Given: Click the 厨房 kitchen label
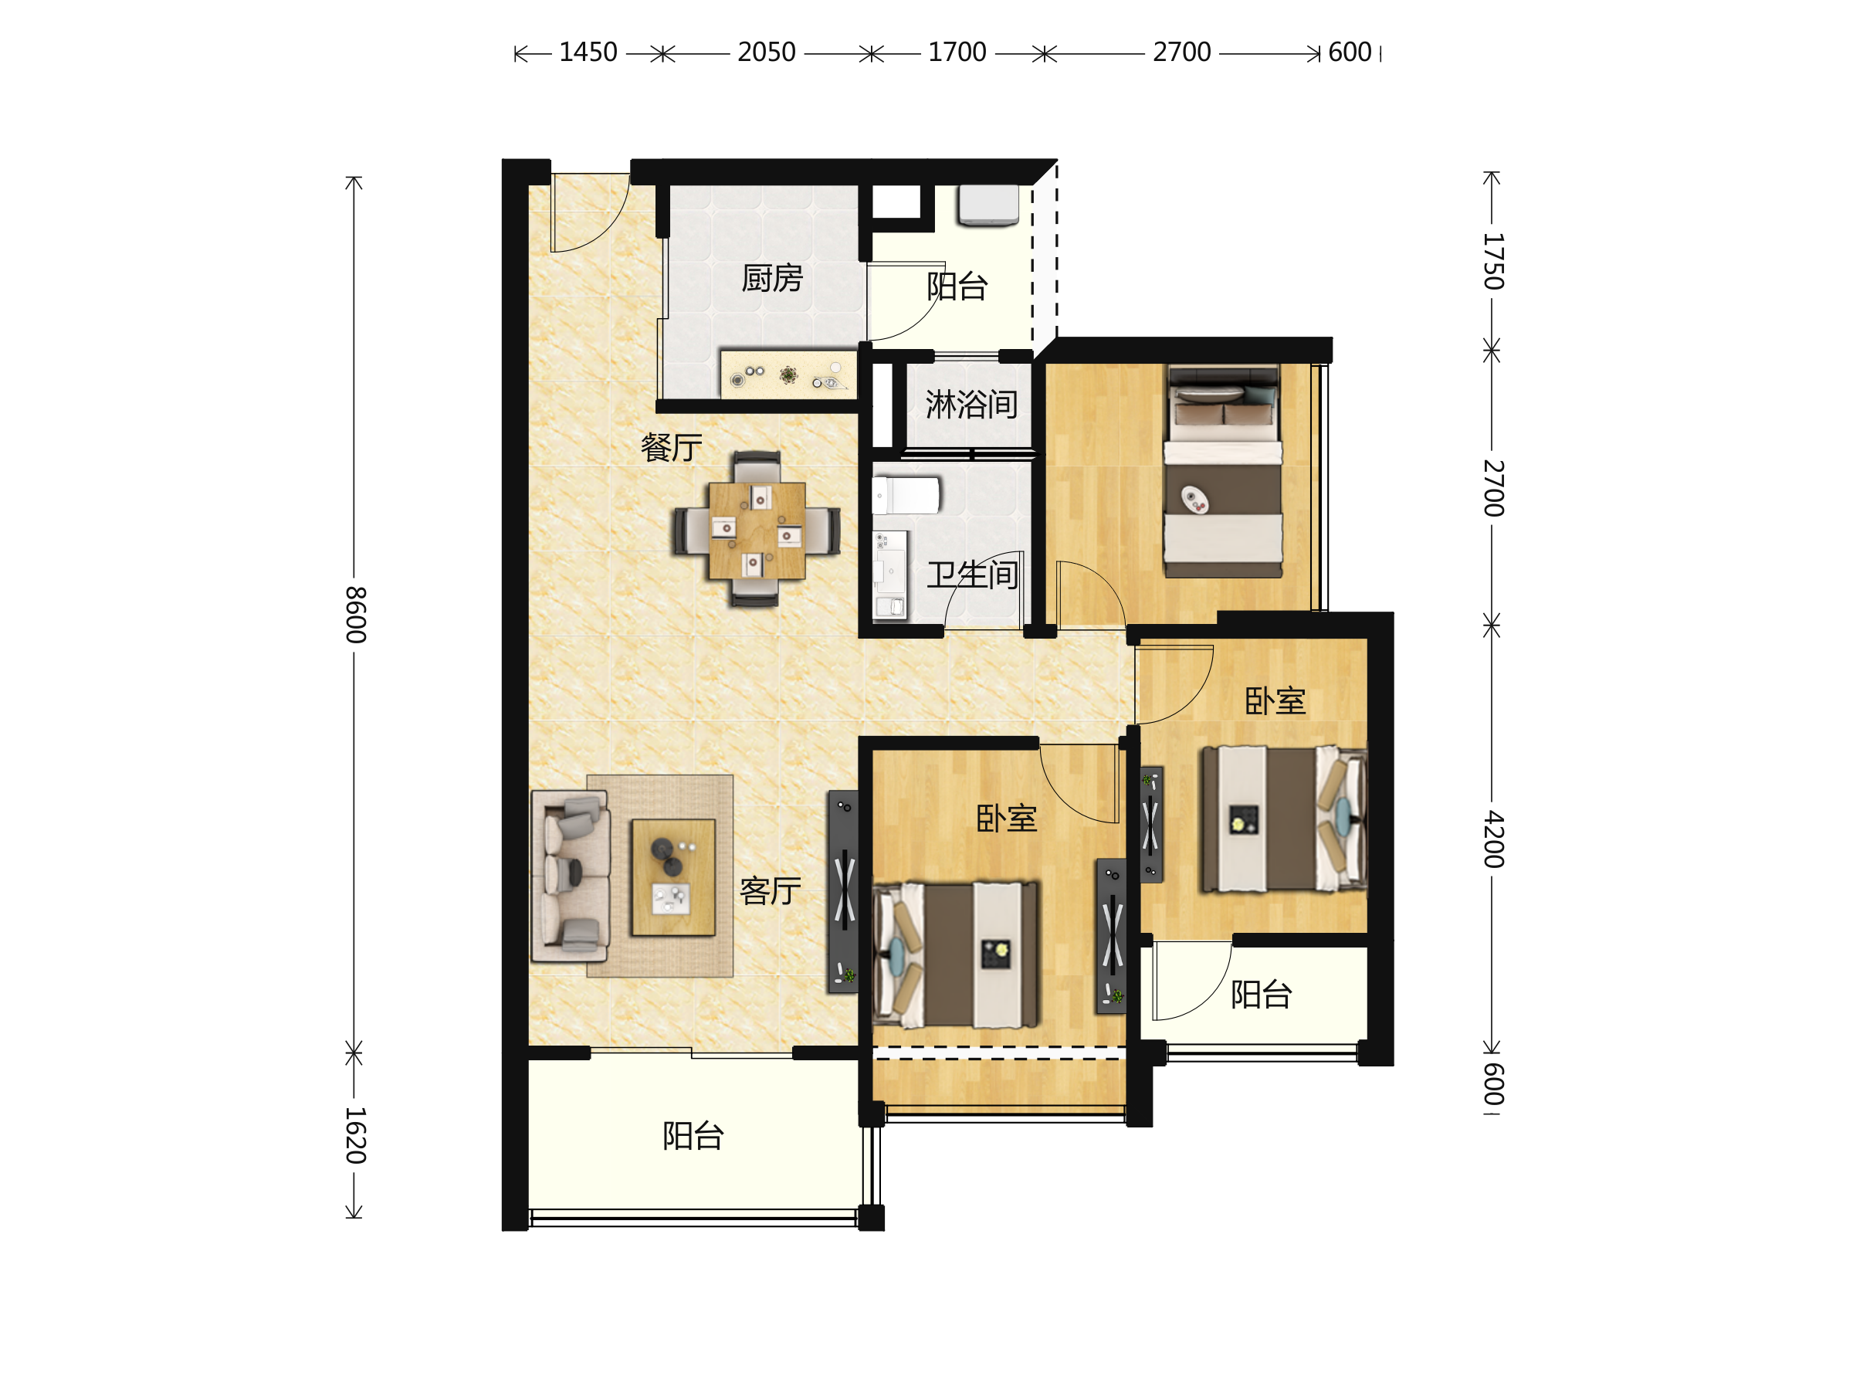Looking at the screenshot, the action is coord(771,278).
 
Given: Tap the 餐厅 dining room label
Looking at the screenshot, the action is coord(671,447).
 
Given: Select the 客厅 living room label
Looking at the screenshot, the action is coord(770,890).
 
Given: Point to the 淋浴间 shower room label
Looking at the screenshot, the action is coord(972,405).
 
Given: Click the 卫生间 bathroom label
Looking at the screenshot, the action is coord(972,575).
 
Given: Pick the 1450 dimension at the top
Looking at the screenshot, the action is coord(588,53).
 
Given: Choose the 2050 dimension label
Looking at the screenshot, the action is coord(767,53).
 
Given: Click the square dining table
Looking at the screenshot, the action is coord(757,531).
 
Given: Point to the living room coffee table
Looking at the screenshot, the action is coord(672,877).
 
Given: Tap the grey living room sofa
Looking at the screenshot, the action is coord(570,876).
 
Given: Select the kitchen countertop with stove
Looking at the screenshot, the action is coord(788,375).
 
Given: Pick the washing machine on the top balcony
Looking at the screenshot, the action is coord(988,205).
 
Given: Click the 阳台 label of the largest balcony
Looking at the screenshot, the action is coord(693,1136).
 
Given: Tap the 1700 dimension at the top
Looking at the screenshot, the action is coord(957,53).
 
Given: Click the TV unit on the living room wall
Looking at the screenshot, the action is coord(844,891).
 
